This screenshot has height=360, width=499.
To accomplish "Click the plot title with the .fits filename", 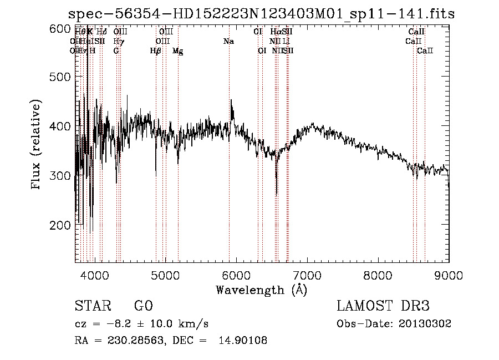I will click(261, 14).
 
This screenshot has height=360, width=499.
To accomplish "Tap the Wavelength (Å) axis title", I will click(261, 290).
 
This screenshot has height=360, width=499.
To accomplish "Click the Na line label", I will click(228, 42).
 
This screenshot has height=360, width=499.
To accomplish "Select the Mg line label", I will click(178, 51).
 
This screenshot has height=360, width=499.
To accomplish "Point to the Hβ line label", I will click(156, 51).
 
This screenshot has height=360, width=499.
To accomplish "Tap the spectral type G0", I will click(143, 306).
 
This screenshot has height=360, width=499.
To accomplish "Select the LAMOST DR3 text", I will click(383, 306).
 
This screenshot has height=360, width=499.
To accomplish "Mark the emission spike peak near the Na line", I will click(231, 100).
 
